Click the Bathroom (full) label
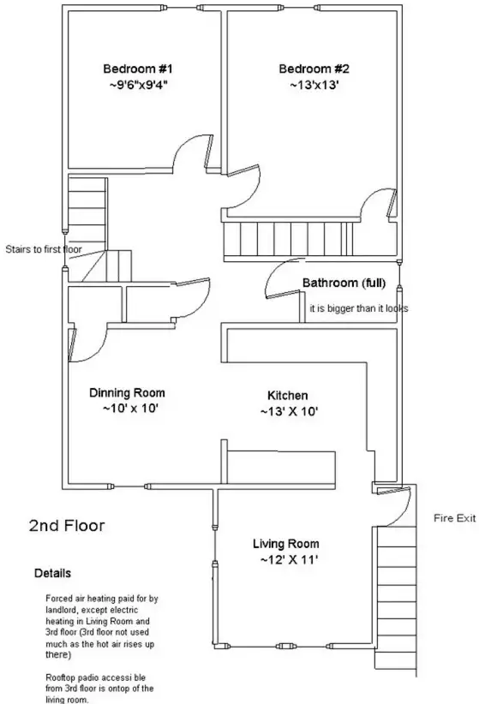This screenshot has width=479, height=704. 344,283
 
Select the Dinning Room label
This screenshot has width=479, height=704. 128,393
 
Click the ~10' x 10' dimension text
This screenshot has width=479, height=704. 128,409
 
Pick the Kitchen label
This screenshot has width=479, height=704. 288,396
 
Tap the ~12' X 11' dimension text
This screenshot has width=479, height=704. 285,560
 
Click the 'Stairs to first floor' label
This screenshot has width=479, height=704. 42,249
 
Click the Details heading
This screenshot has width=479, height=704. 52,572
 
